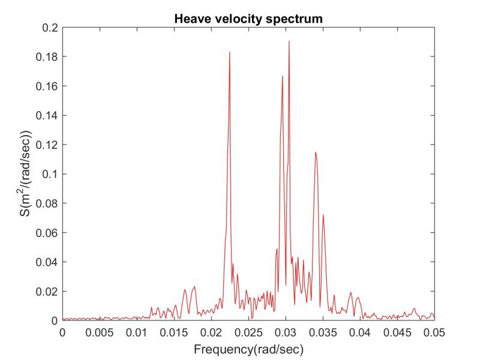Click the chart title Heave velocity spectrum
point(248,19)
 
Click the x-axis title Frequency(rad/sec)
point(248,348)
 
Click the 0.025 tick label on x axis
point(248,332)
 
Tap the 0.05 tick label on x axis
point(434,332)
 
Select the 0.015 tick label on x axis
point(174,332)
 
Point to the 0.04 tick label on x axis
point(360,332)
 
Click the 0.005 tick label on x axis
point(100,332)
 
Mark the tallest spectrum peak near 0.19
point(289,41)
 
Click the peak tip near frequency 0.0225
point(230,52)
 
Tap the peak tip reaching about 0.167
point(283,76)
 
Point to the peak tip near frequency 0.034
point(315,152)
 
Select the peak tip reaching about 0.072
point(323,215)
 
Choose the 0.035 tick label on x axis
point(323,332)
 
